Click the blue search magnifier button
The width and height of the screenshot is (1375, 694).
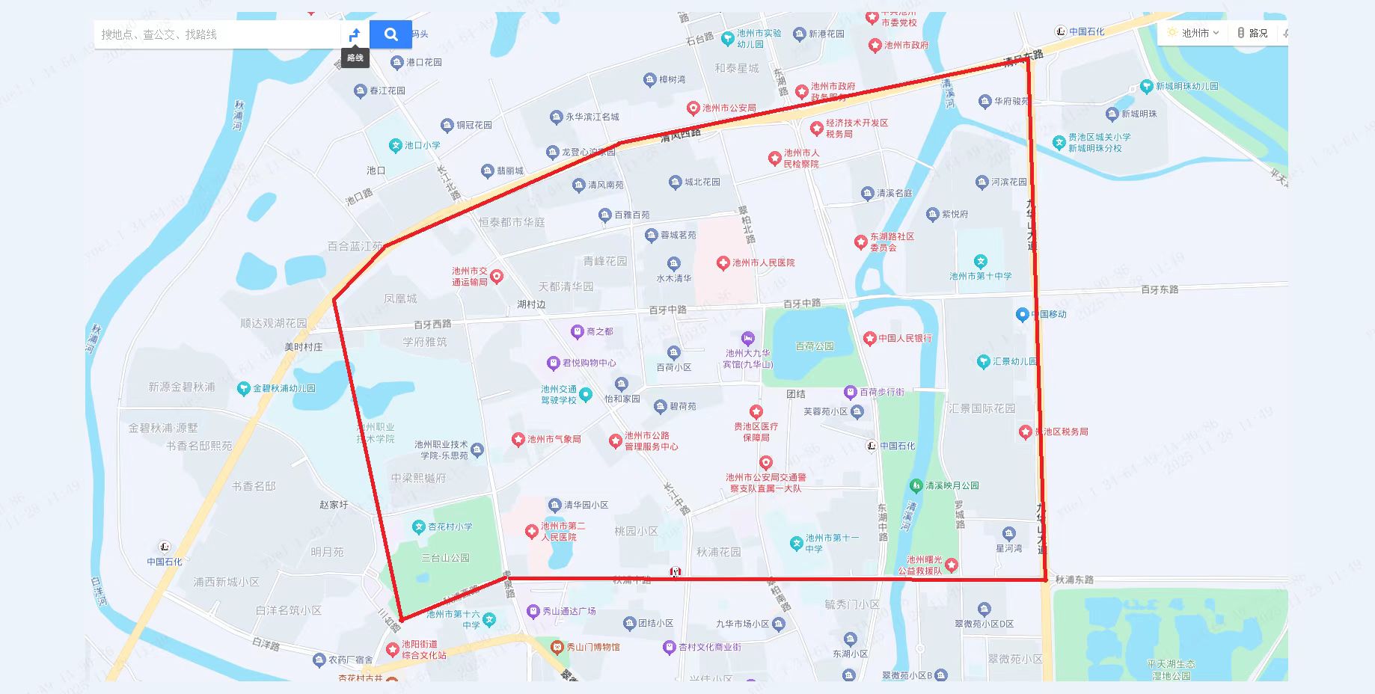(x=391, y=34)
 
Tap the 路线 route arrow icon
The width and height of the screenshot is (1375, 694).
(x=355, y=34)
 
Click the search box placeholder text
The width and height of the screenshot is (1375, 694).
(x=159, y=34)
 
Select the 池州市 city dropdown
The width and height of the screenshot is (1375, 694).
(x=1194, y=33)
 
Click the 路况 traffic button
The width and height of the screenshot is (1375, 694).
(x=1252, y=33)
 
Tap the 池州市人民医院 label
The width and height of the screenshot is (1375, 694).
(x=763, y=262)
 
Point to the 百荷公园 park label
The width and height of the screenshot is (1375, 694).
(x=814, y=346)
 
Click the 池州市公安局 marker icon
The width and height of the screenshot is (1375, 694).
(x=693, y=108)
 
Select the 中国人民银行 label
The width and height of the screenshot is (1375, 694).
(x=905, y=338)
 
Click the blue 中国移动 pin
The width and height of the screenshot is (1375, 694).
(x=1022, y=314)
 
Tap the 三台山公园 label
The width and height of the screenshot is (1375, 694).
(x=445, y=558)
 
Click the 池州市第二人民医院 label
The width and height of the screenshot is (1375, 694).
(x=563, y=531)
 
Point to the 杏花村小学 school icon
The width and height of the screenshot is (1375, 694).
(x=419, y=526)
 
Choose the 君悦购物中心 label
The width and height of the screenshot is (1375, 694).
(x=589, y=363)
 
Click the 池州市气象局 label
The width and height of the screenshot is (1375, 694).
(x=554, y=439)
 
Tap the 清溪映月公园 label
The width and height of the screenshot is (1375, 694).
(x=952, y=485)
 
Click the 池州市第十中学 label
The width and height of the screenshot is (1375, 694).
(x=980, y=276)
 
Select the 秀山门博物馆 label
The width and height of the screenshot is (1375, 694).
(x=592, y=647)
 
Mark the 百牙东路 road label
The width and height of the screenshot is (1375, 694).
(x=1159, y=289)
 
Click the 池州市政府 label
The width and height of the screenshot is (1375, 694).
(x=906, y=45)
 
